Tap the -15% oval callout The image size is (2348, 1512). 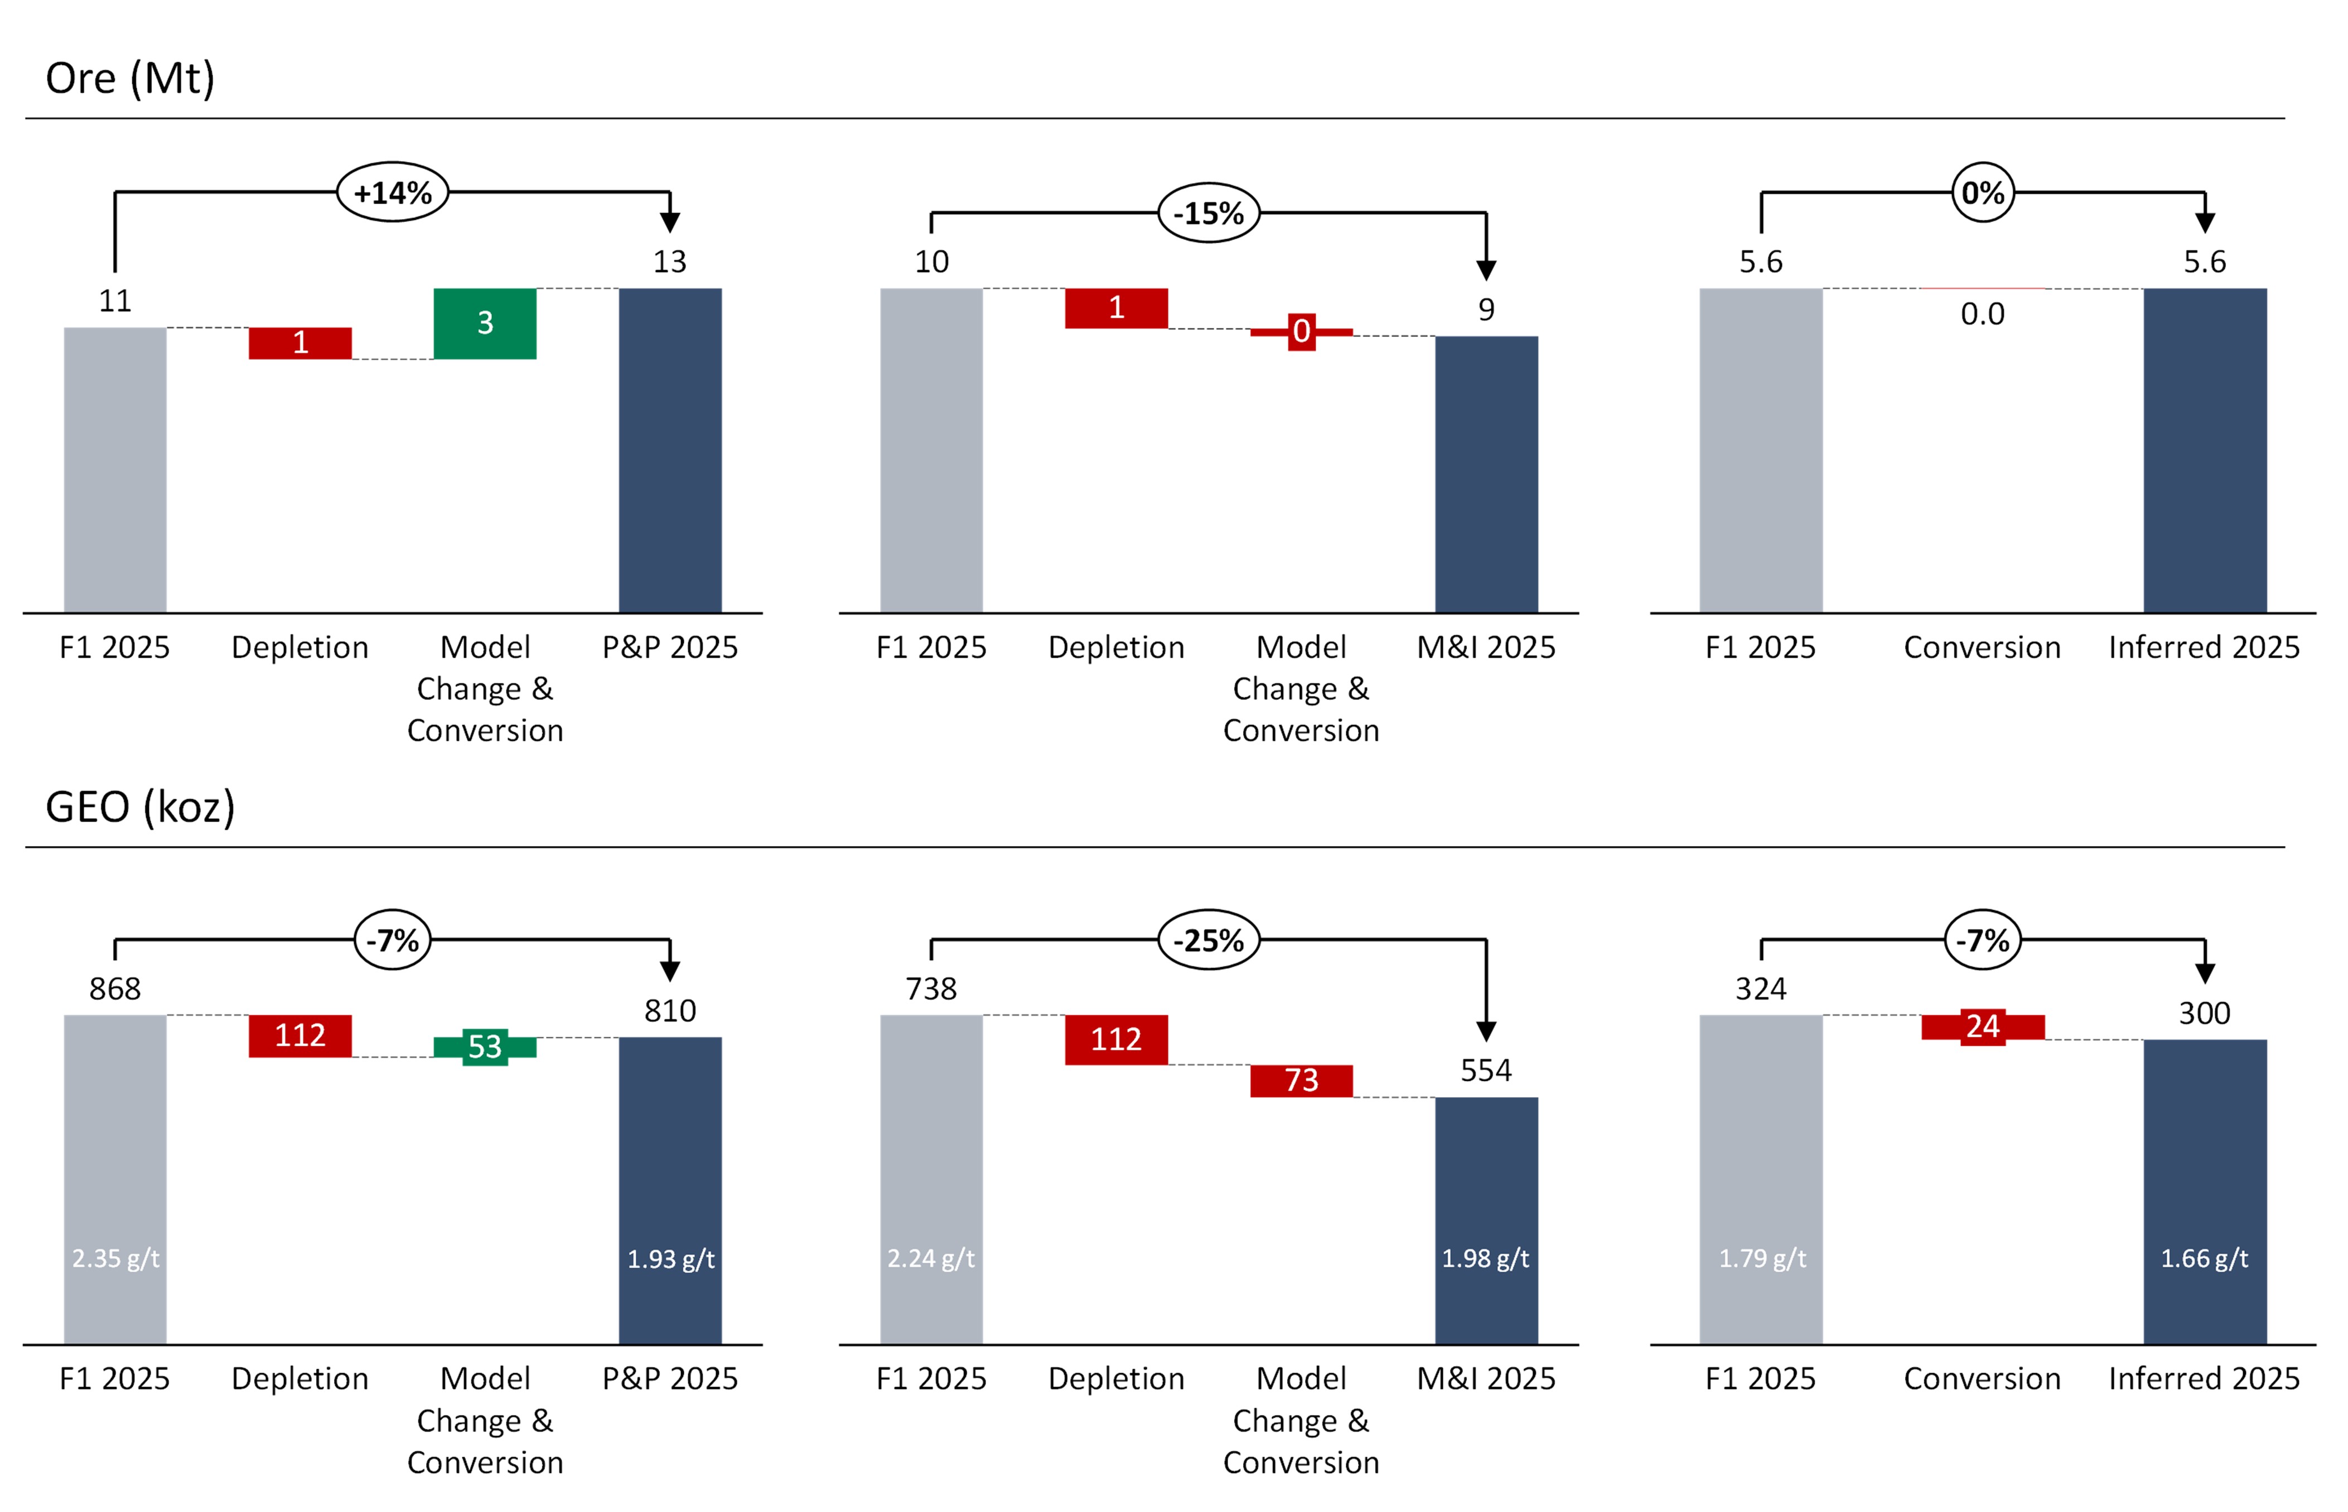coord(1209,213)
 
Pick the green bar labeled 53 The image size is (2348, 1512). coord(484,1047)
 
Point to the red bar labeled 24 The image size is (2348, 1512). coord(1982,1026)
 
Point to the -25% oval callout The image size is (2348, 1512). coord(1209,940)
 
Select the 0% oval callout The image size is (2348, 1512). coord(1982,192)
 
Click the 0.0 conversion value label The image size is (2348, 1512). coord(1982,314)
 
